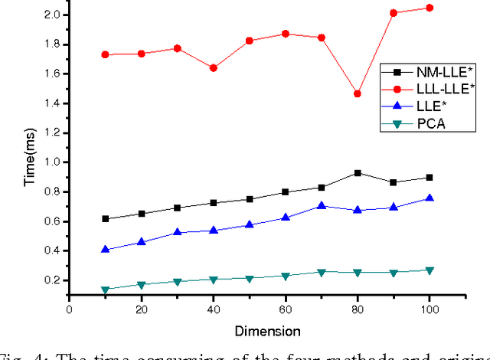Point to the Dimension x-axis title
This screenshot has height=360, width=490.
(x=268, y=331)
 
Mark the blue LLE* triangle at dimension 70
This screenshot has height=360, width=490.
(x=321, y=205)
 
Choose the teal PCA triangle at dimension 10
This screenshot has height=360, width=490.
(x=105, y=290)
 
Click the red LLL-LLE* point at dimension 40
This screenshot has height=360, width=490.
(x=213, y=68)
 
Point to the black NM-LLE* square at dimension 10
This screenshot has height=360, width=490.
(x=105, y=219)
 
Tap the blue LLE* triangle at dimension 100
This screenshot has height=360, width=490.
(x=429, y=198)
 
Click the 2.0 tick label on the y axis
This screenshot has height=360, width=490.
(x=51, y=15)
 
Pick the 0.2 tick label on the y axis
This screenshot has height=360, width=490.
(x=51, y=280)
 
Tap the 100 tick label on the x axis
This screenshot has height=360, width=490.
(x=429, y=309)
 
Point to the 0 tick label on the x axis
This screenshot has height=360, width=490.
(x=69, y=309)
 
